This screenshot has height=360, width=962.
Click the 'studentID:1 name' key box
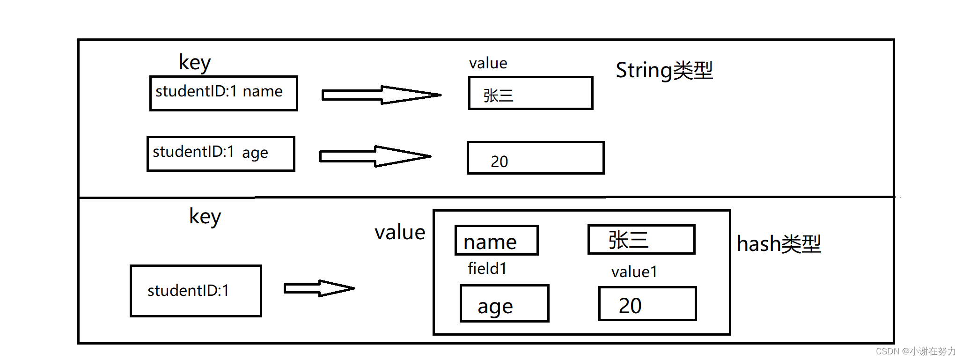223,93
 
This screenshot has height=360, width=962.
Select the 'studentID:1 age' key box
220,154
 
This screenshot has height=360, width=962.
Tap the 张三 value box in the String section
530,93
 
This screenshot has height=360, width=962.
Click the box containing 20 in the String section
535,158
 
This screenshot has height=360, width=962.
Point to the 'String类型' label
663,70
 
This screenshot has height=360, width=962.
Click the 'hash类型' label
778,244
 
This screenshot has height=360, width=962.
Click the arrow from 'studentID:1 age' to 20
375,156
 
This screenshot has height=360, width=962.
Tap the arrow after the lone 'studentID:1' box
319,288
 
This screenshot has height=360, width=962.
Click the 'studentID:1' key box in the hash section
196,291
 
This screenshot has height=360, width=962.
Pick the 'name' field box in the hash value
496,241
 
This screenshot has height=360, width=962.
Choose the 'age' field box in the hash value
504,304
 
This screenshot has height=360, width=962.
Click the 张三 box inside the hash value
641,240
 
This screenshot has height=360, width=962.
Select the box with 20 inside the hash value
647,304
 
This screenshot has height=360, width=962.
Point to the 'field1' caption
487,269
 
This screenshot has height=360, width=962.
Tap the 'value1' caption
634,272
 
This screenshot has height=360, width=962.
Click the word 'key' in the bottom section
205,217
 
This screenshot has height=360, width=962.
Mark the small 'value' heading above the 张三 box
488,63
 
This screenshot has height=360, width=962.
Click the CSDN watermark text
915,351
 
